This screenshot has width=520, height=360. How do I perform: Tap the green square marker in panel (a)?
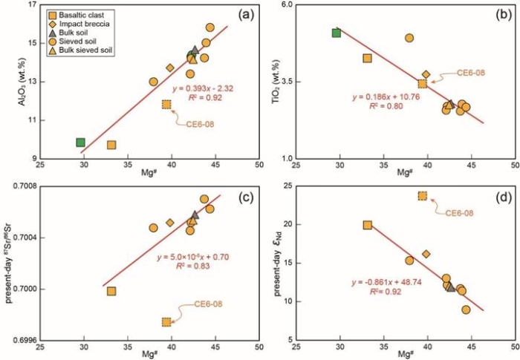[80, 142]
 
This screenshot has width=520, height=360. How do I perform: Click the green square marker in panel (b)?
[336, 33]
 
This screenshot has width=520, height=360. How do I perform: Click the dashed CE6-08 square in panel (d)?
[423, 196]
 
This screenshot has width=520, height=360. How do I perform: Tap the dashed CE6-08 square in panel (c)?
[166, 321]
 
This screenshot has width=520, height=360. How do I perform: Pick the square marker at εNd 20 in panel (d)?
[367, 225]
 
